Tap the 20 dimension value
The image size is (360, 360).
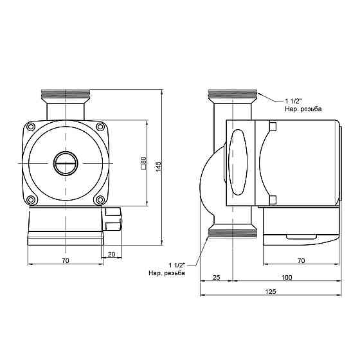[113, 255]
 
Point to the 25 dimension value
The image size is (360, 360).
[217, 278]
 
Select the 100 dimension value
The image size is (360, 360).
[286, 278]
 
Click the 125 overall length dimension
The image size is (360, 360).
[270, 292]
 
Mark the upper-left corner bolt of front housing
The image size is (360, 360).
[32, 127]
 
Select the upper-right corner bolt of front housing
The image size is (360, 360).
[100, 127]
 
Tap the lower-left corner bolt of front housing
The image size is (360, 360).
[32, 200]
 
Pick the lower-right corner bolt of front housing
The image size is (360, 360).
[100, 200]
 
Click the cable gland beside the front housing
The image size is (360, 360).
[113, 219]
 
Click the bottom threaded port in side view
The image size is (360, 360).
[233, 233]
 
